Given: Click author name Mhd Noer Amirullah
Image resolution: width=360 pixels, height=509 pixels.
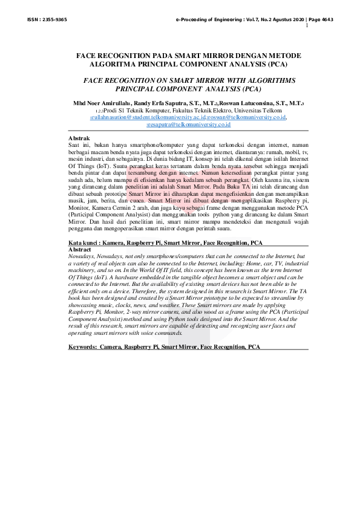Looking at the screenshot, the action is [x=102, y=103].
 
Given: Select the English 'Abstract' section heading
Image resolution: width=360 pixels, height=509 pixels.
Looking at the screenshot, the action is [x=80, y=249].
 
